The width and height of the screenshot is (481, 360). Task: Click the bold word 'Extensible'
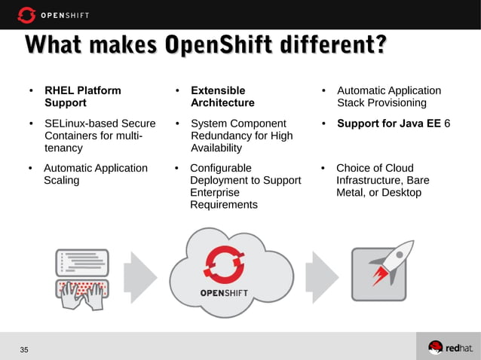(217, 90)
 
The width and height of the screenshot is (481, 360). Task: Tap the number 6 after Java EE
(447, 124)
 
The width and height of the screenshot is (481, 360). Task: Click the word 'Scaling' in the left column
(62, 181)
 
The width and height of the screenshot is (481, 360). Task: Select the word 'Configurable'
(221, 168)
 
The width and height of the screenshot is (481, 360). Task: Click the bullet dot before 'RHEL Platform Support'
(31, 91)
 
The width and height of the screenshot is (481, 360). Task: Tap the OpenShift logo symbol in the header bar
(26, 14)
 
